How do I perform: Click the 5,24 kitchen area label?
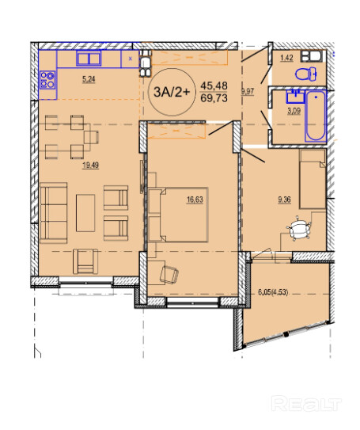click(x=89, y=79)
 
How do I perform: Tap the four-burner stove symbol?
click(x=47, y=80)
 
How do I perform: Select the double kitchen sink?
click(x=89, y=59)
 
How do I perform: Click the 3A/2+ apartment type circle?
click(x=172, y=92)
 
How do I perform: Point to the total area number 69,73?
click(x=214, y=98)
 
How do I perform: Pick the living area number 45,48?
click(x=214, y=86)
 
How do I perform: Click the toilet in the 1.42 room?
click(x=305, y=74)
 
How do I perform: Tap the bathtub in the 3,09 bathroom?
click(x=316, y=116)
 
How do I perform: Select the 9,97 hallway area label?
click(x=248, y=91)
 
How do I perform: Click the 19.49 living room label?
click(x=91, y=166)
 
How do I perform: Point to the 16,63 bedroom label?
click(x=195, y=200)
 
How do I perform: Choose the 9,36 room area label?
click(x=284, y=200)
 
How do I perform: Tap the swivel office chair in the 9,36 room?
click(x=298, y=230)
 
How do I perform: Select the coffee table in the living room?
click(x=85, y=213)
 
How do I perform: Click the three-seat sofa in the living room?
click(x=54, y=213)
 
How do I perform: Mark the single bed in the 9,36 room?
click(x=313, y=179)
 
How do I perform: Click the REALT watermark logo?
click(x=306, y=404)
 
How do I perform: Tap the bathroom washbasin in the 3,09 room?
click(x=295, y=97)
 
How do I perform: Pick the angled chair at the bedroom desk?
click(x=169, y=275)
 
